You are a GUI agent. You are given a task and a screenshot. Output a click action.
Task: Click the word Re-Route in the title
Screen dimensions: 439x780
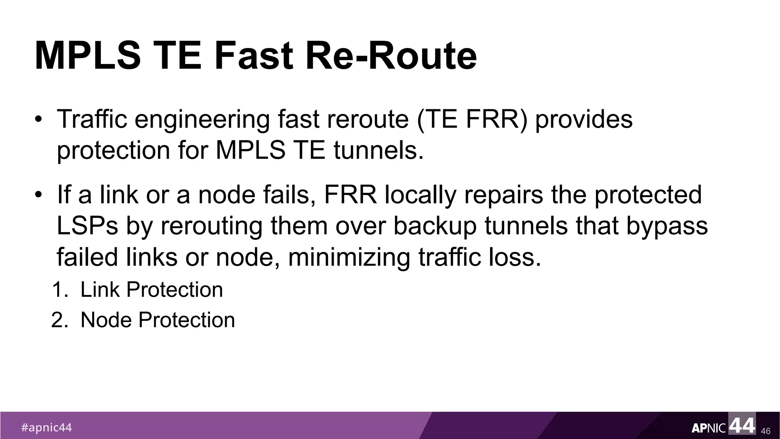tap(391, 56)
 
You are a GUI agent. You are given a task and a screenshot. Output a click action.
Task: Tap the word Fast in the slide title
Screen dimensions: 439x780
tap(254, 56)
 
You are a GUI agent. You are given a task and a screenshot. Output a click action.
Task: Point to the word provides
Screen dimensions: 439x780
tap(584, 119)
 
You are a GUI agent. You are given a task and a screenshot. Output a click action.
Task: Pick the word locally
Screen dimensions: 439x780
tap(420, 195)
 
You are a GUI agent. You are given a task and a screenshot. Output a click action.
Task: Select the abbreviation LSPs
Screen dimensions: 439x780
tap(87, 226)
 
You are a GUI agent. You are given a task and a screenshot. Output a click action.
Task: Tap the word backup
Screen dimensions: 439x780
tap(435, 226)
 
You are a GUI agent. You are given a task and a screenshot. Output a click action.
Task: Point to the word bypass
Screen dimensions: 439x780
tap(667, 226)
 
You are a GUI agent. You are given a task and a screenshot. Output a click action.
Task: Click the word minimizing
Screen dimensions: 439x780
tap(349, 257)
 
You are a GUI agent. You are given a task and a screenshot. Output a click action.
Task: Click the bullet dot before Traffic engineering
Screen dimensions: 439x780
tap(38, 120)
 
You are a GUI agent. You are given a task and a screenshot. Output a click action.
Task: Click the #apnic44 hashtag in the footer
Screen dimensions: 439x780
tap(46, 428)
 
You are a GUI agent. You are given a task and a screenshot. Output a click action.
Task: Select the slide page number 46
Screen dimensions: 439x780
tap(766, 431)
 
